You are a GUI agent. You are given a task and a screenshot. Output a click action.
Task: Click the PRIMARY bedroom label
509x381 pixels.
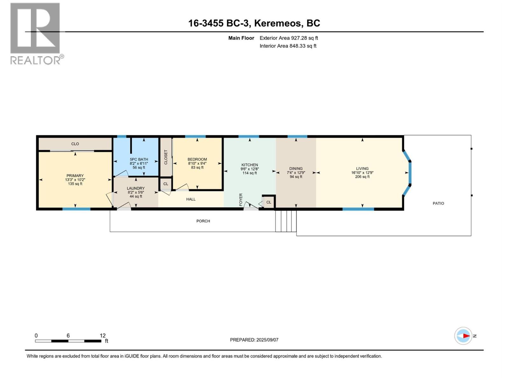click(x=75, y=176)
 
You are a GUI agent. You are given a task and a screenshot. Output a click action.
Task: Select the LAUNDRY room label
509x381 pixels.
click(x=136, y=188)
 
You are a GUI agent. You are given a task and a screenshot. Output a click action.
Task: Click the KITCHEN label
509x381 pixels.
click(x=249, y=165)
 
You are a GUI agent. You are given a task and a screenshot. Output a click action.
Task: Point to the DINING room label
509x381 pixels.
click(x=296, y=169)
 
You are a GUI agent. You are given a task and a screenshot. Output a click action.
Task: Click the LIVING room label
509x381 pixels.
click(x=362, y=169)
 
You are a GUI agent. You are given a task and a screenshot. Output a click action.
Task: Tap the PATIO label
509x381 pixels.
click(x=438, y=203)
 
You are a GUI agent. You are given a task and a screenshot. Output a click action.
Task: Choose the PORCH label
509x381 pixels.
click(x=203, y=221)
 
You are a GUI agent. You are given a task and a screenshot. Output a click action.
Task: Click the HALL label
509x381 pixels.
click(x=191, y=199)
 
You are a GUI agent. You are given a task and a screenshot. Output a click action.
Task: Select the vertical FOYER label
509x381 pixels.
click(x=241, y=200)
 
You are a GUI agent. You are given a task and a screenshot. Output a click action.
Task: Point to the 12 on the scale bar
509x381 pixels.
click(x=102, y=336)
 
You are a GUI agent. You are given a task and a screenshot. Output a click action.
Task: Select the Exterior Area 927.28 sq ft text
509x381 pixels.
click(x=289, y=38)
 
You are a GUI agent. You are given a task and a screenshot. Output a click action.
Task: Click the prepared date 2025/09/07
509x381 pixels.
click(x=267, y=340)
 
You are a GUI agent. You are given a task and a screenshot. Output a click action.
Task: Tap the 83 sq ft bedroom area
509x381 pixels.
click(x=197, y=167)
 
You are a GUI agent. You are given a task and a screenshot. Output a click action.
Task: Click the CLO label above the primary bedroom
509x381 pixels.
click(x=75, y=144)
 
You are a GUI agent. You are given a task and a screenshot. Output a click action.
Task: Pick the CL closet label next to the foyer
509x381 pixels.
click(x=268, y=202)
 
